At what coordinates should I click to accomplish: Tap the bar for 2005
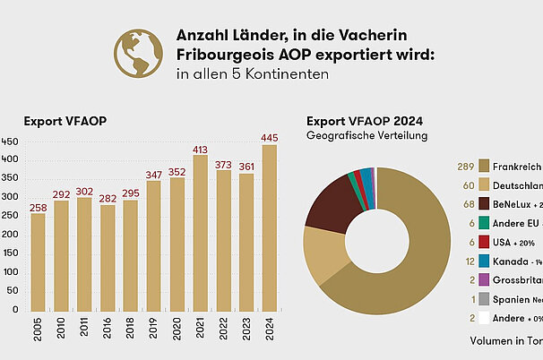click(38, 265)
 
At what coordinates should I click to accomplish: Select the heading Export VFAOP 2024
click(365, 121)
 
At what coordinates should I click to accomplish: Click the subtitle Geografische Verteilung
click(366, 135)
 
